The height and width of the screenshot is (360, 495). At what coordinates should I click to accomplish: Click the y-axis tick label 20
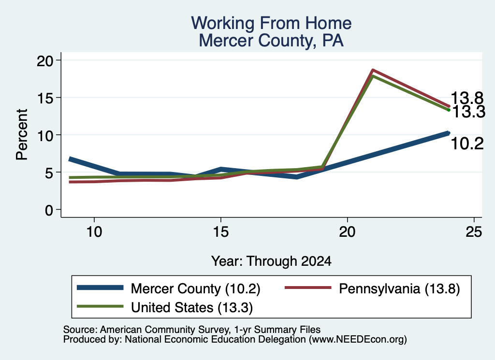45,60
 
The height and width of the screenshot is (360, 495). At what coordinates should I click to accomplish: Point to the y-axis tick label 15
45,98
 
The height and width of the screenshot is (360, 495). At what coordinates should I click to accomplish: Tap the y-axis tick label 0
49,210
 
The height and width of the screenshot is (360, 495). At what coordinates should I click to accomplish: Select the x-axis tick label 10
94,232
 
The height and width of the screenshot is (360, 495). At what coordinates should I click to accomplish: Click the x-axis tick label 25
474,232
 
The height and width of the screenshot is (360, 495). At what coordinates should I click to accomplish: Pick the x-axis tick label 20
347,232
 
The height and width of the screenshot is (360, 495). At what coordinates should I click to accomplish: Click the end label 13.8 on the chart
467,98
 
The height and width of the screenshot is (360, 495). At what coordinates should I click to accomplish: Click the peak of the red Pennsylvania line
373,70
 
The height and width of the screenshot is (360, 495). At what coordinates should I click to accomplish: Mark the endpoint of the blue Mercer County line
449,133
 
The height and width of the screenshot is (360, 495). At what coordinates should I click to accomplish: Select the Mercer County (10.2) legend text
195,288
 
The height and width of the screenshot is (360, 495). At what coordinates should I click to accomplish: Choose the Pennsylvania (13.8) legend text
399,288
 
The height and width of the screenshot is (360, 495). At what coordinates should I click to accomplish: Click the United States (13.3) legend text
192,307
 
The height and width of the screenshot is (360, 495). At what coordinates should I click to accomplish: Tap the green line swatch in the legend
100,306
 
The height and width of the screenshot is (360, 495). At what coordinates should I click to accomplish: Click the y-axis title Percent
22,134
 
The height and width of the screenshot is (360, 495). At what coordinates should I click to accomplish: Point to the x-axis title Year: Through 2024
271,261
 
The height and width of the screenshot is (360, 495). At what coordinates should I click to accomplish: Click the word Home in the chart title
328,23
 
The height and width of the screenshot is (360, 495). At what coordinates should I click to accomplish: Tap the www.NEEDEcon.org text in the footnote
357,340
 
